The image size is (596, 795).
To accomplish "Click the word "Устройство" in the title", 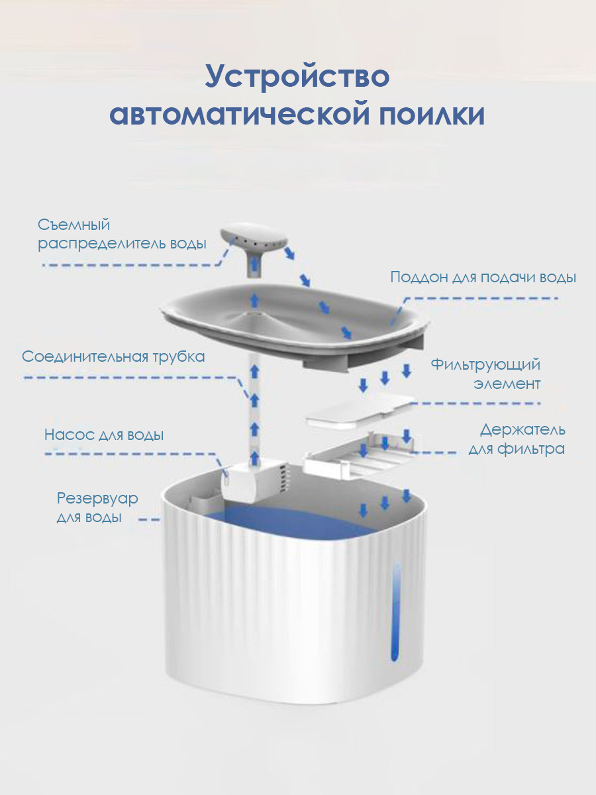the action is pos(297,78).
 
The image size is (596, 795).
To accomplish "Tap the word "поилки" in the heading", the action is pos(432,115).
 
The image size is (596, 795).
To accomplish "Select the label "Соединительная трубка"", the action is pos(113,357).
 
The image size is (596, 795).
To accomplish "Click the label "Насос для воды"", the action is pos(104,435).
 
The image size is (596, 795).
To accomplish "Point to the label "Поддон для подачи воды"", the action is pos(483,278).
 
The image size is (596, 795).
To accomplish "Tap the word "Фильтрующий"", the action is pos(485,365).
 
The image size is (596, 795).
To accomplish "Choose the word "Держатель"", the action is pos(522,430).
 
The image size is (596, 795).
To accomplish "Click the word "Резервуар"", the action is pos(97,500).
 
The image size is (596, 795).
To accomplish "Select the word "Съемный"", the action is pos(74,225).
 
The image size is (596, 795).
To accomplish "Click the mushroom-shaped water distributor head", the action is pos(254,242).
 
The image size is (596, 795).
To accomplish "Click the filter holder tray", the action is pos(358,457).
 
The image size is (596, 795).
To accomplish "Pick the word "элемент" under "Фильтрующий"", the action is pos(507,384).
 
